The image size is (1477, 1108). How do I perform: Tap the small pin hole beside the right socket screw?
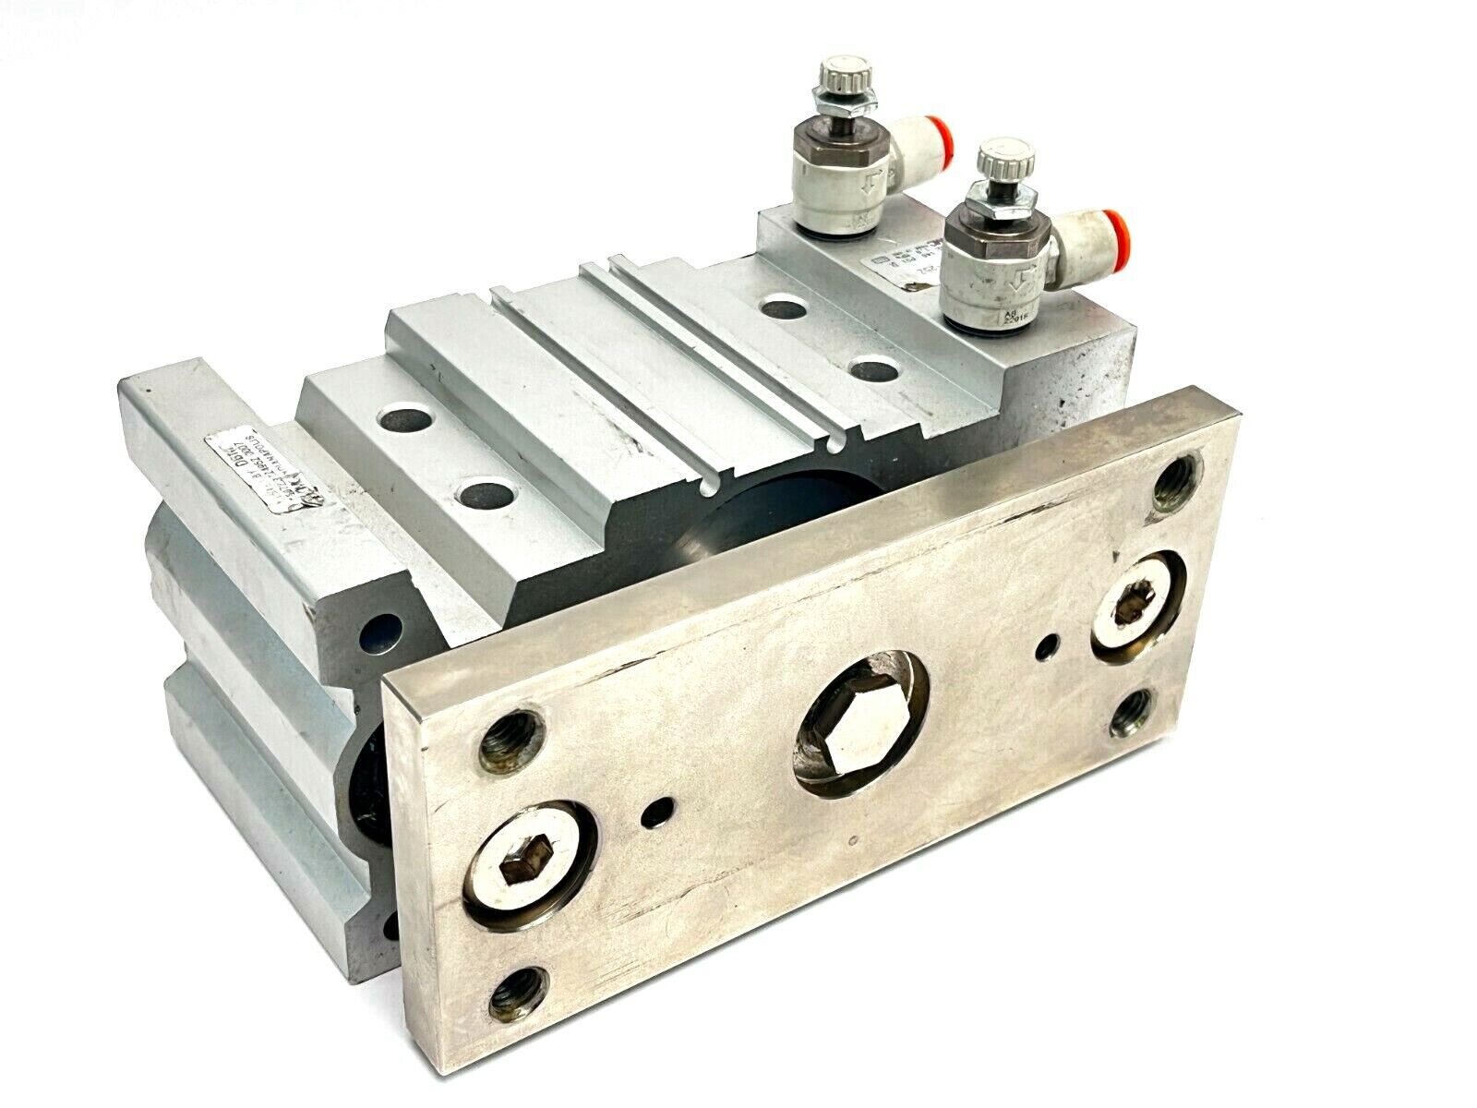tap(1050, 644)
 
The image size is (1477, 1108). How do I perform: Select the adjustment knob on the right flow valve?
tap(986, 157)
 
